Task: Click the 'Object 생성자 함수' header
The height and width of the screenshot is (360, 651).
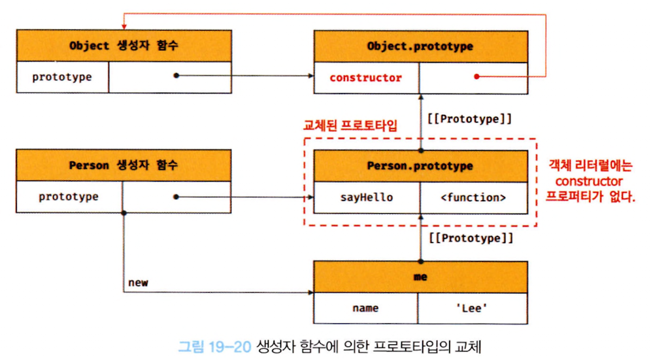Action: point(124,46)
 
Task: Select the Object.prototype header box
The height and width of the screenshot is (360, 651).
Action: point(420,46)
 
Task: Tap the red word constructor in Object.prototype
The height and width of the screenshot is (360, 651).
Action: point(366,78)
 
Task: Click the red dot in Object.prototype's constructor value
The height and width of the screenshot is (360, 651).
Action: point(476,76)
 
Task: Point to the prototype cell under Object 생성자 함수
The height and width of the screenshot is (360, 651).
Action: point(62,77)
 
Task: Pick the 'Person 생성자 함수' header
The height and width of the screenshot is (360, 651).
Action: point(124,165)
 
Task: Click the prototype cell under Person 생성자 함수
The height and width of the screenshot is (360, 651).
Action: point(69,197)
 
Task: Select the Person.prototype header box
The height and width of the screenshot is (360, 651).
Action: point(420,166)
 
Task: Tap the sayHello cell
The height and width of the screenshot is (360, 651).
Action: point(367,198)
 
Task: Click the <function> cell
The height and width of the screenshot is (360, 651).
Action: point(474,198)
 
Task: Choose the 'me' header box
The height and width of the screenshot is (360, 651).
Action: point(420,277)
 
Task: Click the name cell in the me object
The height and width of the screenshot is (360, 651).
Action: point(365,308)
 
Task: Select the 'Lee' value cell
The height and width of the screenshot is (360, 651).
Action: point(473,308)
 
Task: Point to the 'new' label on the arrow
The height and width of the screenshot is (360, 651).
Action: point(139,283)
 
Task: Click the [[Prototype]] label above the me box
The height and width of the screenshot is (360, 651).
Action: point(471,238)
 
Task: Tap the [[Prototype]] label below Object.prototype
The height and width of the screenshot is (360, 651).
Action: point(469,119)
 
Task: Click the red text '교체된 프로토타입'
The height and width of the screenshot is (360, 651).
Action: point(350,125)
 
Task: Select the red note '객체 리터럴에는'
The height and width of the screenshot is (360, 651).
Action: point(590,166)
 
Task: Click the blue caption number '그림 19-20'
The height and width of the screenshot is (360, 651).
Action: point(214,346)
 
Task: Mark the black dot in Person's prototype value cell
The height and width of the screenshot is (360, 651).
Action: point(176,197)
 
